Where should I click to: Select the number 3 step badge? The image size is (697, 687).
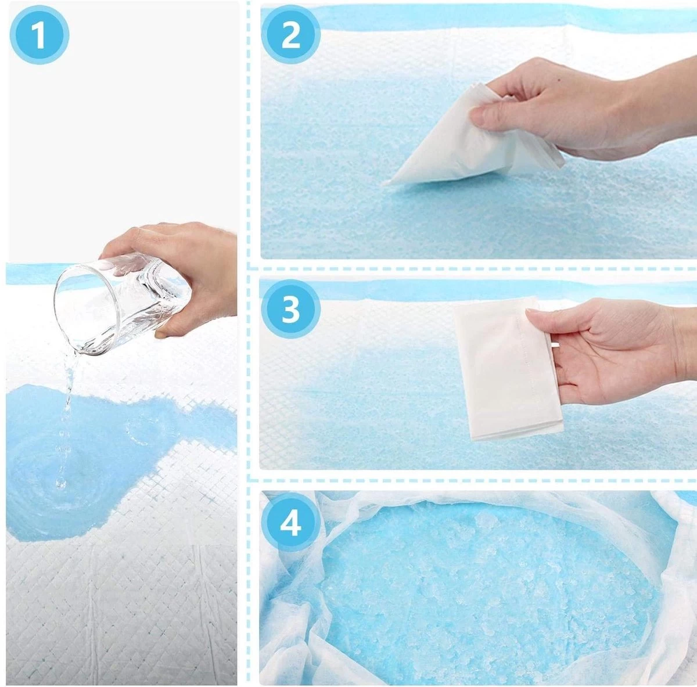(x=290, y=310)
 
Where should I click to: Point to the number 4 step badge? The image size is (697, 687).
(x=290, y=523)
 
